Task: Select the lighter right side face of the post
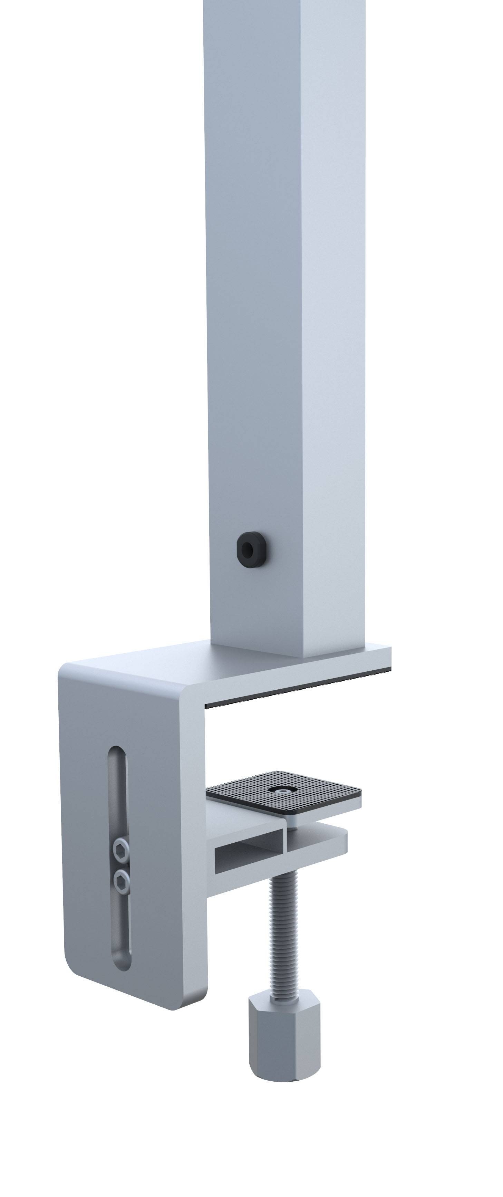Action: pyautogui.click(x=332, y=325)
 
